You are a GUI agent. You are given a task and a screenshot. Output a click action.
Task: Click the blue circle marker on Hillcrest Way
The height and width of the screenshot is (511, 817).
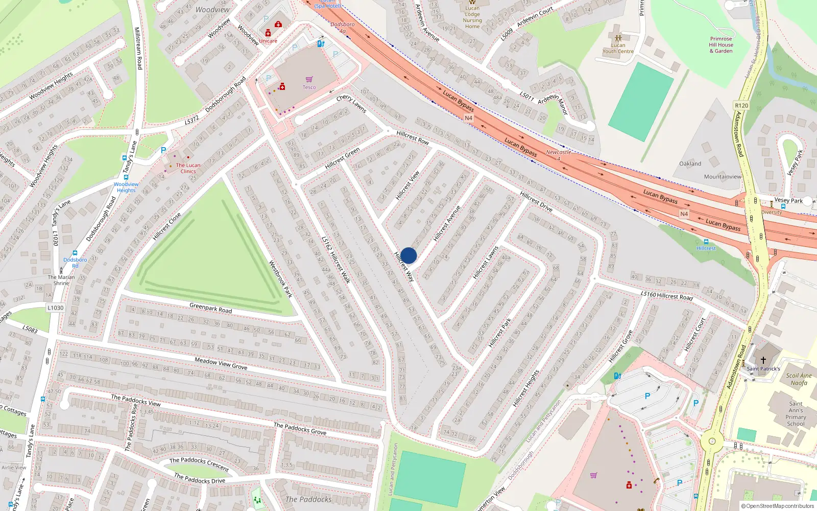[408, 255]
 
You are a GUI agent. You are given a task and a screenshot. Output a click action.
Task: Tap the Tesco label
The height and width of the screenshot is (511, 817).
[309, 87]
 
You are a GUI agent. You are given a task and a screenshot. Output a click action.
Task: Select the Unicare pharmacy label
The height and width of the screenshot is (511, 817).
[268, 41]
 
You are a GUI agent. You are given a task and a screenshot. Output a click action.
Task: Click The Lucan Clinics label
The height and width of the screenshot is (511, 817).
[188, 168]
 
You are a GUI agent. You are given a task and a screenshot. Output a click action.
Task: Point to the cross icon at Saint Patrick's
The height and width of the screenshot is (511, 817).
[763, 360]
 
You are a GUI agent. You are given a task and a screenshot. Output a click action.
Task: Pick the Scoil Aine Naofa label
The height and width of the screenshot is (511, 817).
[799, 379]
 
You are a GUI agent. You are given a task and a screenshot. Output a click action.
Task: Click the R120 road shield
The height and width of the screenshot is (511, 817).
[741, 106]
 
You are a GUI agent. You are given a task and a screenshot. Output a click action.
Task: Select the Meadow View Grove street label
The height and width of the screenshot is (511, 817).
[221, 363]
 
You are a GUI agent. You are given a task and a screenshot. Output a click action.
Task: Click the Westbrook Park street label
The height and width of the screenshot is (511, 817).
[280, 279]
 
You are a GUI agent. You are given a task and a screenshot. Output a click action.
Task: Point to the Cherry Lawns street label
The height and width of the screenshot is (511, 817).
[351, 103]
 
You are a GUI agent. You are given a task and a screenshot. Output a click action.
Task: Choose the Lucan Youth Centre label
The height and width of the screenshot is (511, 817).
[618, 48]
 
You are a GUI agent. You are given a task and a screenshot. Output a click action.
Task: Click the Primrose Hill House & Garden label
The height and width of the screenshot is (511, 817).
[721, 45]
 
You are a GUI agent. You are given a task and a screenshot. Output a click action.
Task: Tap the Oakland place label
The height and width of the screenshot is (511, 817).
[690, 164]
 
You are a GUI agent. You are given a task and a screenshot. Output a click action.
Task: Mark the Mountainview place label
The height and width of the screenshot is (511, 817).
[723, 177]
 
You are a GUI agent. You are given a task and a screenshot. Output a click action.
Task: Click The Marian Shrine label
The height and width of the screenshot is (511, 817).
[61, 280]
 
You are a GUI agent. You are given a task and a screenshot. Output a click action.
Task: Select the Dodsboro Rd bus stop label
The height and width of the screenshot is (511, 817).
[75, 263]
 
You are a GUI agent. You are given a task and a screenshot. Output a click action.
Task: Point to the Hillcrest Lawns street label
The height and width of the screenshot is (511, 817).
[485, 263]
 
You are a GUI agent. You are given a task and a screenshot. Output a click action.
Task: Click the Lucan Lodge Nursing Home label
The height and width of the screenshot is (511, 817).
[472, 17]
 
